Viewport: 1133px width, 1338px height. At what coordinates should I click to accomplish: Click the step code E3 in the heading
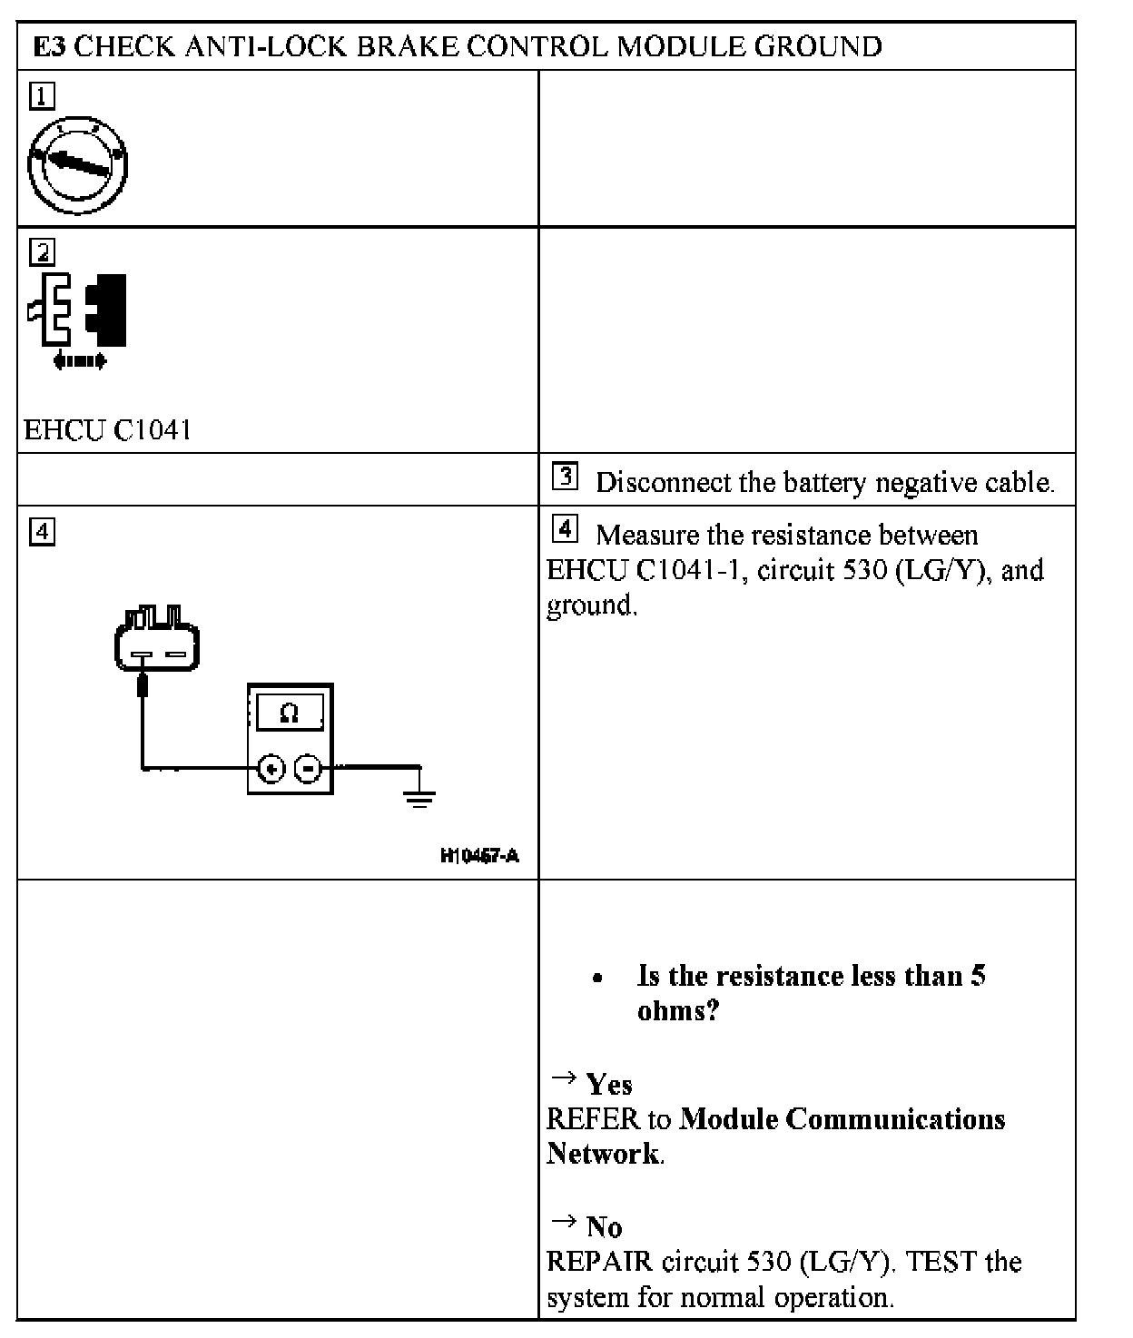point(49,47)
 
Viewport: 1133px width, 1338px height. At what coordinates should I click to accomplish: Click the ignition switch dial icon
point(77,165)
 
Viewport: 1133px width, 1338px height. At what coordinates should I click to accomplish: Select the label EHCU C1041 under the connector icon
point(107,429)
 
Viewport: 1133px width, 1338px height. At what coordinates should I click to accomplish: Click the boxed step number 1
point(42,95)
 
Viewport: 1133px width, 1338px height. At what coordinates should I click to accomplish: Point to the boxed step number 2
point(42,251)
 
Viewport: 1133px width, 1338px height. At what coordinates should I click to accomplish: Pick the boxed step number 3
point(565,477)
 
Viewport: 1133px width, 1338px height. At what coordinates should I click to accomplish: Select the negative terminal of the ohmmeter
point(308,770)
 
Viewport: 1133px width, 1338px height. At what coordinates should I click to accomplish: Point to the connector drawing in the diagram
point(156,638)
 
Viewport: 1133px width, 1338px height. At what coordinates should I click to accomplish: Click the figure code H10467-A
point(479,855)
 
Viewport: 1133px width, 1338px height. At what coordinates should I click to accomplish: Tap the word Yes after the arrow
point(608,1084)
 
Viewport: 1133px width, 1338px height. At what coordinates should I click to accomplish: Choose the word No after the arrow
point(604,1227)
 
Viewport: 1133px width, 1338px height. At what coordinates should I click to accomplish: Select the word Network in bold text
point(603,1154)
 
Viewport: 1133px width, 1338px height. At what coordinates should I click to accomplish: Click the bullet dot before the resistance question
point(596,979)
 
